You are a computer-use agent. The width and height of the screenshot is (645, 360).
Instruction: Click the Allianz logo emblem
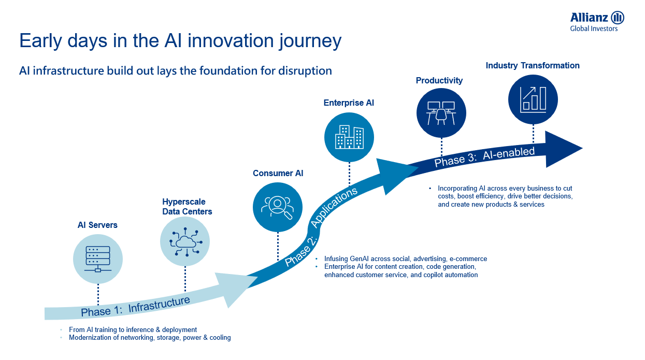[x=618, y=18]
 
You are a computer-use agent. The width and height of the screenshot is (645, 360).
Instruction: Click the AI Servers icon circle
[x=98, y=258]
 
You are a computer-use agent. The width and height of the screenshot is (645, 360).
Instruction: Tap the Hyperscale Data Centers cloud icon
[x=185, y=242]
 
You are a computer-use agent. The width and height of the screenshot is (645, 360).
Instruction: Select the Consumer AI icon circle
[x=278, y=207]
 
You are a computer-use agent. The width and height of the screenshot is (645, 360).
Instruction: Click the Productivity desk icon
[x=441, y=112]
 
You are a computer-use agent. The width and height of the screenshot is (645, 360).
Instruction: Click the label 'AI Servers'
[x=97, y=225]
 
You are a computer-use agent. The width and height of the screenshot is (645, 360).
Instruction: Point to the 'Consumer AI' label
[x=278, y=174]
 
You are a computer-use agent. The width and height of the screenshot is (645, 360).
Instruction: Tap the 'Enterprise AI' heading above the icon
[x=349, y=103]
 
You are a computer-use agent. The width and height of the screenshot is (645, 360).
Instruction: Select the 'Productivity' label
[x=439, y=81]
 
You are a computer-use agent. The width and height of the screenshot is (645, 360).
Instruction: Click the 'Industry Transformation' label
[x=533, y=66]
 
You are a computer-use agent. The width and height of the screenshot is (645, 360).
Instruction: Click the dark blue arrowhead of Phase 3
[x=562, y=149]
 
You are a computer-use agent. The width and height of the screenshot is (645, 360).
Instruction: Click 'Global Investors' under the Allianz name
[x=594, y=29]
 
